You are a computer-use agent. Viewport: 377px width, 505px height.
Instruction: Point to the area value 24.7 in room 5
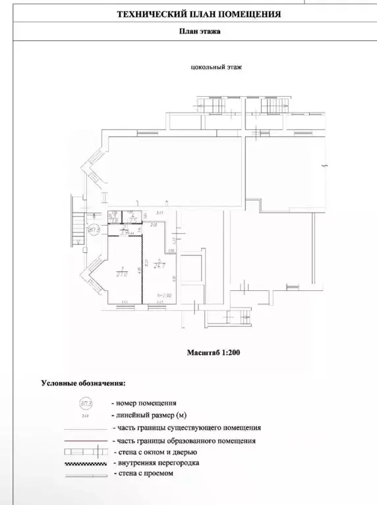[x=159, y=265]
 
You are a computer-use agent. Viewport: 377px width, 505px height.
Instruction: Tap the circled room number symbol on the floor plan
[x=94, y=228]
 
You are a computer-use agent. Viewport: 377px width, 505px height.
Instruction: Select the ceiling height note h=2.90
[x=164, y=295]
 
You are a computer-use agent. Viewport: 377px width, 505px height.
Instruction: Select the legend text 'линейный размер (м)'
[x=150, y=415]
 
